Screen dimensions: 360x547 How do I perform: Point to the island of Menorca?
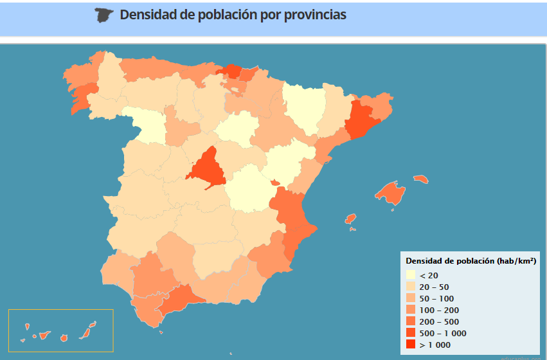tap(421, 179)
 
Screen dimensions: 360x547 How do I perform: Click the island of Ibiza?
tap(350, 219)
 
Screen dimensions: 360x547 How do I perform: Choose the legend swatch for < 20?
tap(410, 275)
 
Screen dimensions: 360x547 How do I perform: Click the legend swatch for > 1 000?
tap(410, 345)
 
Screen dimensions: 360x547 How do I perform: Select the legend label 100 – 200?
tap(436, 310)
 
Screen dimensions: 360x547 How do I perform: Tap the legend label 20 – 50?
tap(434, 287)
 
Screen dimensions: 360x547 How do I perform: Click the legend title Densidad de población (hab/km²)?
tap(471, 260)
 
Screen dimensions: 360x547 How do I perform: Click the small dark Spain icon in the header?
tap(104, 15)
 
